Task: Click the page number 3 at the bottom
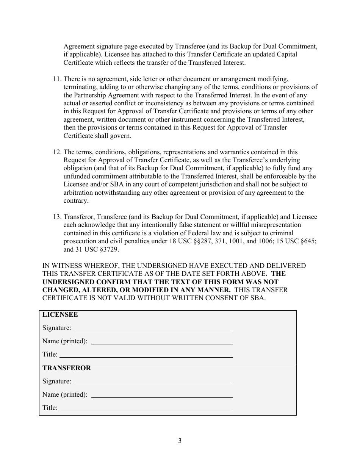[180, 440]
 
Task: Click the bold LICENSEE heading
[60, 314]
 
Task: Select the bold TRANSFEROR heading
[67, 368]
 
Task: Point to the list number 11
[56, 79]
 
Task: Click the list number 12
[56, 152]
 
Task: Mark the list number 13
[56, 217]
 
